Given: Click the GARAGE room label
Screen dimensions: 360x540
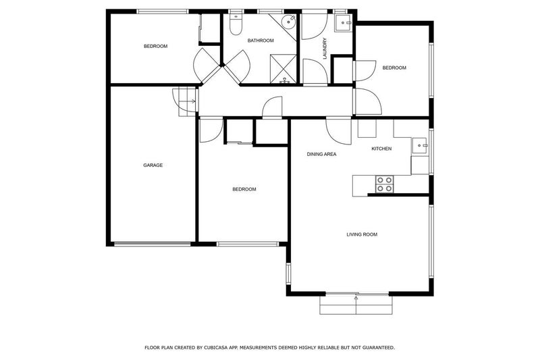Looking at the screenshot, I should [153, 165].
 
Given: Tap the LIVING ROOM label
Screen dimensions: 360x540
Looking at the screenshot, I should [361, 234].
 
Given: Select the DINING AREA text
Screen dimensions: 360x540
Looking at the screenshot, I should [321, 154].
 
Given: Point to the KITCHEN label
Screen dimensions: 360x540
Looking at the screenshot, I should [381, 149].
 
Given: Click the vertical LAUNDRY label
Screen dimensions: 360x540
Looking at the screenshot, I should [325, 48].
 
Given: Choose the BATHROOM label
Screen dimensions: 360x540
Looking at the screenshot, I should [260, 41].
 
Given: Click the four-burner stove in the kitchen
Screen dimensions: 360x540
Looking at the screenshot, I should [384, 184].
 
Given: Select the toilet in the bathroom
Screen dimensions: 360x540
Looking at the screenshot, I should [236, 26].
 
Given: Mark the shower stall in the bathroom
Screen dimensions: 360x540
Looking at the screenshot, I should [283, 68].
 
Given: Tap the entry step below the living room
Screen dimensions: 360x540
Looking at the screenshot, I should [355, 305].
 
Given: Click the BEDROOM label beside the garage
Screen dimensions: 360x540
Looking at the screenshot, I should [244, 189].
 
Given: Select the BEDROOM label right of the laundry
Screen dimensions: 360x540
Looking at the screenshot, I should [394, 68].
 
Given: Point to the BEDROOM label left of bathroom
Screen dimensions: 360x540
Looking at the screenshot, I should [155, 46].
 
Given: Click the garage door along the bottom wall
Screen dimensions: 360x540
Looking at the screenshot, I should [151, 244].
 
